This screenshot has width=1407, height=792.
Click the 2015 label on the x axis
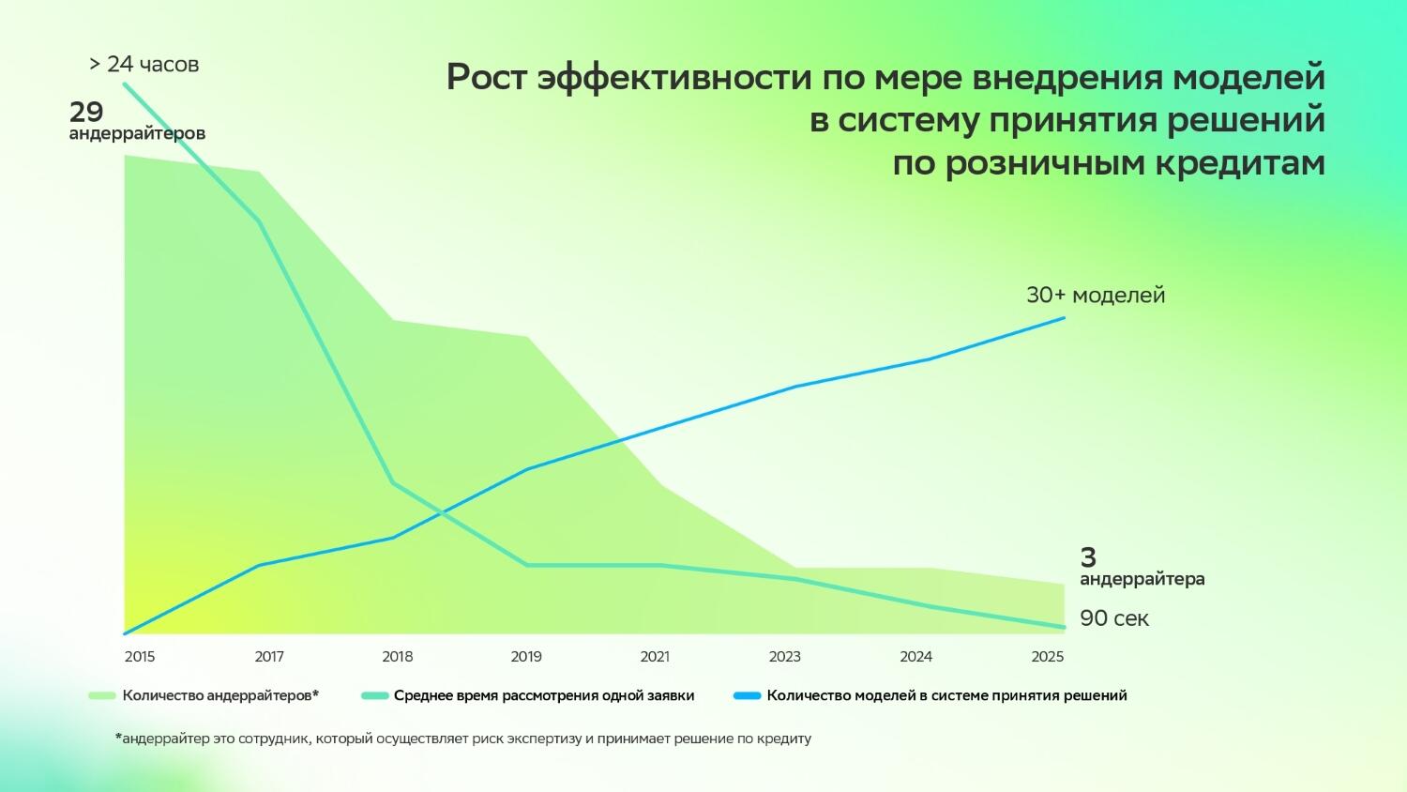pyautogui.click(x=140, y=657)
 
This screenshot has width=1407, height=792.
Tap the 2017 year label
pyautogui.click(x=269, y=657)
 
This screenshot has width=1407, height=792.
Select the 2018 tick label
pyautogui.click(x=398, y=657)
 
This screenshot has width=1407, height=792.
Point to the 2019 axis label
pyautogui.click(x=526, y=657)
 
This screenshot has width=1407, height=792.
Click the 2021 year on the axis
pyautogui.click(x=655, y=657)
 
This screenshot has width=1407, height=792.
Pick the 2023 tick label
pyautogui.click(x=785, y=657)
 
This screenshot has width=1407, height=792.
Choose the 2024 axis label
pyautogui.click(x=916, y=657)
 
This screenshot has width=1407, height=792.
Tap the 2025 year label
pyautogui.click(x=1048, y=657)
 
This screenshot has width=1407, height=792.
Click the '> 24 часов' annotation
pyautogui.click(x=144, y=65)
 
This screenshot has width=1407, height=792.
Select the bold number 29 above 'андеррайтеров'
pyautogui.click(x=86, y=113)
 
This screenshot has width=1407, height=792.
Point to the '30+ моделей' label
pyautogui.click(x=1096, y=295)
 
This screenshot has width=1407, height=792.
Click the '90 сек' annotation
pyautogui.click(x=1114, y=618)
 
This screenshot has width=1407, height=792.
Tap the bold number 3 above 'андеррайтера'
pyautogui.click(x=1088, y=557)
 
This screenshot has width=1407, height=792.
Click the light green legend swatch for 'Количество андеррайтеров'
pyautogui.click(x=101, y=696)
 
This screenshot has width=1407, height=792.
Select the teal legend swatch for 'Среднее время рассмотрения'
pyautogui.click(x=374, y=696)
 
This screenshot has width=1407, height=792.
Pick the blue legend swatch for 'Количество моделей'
pyautogui.click(x=748, y=696)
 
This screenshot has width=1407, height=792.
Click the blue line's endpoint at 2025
pyautogui.click(x=1065, y=318)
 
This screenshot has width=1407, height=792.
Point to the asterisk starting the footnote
pyautogui.click(x=118, y=738)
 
